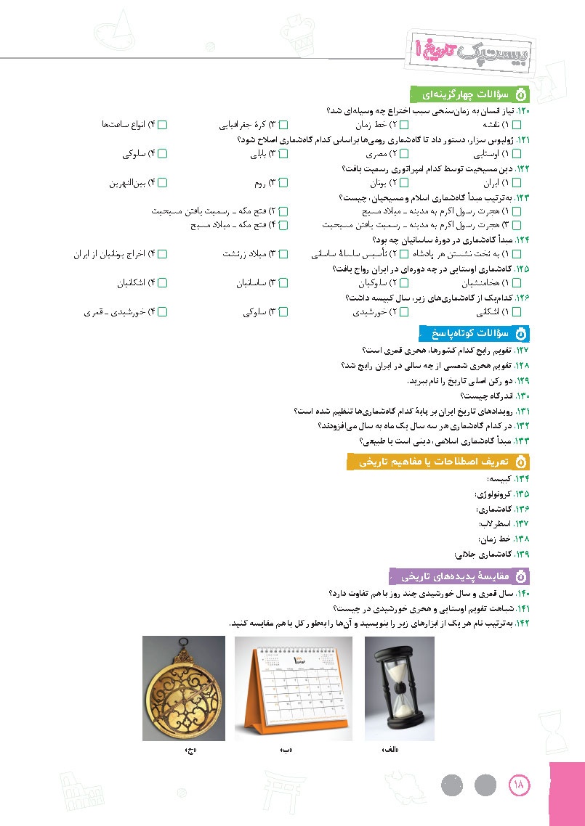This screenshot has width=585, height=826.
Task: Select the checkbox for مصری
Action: (x=404, y=154)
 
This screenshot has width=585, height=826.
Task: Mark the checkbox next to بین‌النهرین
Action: (x=163, y=182)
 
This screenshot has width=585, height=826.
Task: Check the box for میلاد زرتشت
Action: (x=284, y=255)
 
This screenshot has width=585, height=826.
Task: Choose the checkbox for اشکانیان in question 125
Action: (x=163, y=283)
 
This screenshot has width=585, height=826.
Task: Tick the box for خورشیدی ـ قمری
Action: (x=163, y=312)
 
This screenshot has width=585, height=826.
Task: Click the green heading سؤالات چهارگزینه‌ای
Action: (x=471, y=95)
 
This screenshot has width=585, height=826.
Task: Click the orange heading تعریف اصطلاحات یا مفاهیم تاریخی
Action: (x=439, y=462)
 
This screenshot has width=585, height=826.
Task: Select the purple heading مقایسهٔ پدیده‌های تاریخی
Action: (x=459, y=576)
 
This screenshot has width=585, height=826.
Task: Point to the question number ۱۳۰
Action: (x=522, y=396)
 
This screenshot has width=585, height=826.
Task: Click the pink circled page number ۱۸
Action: (x=521, y=785)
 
